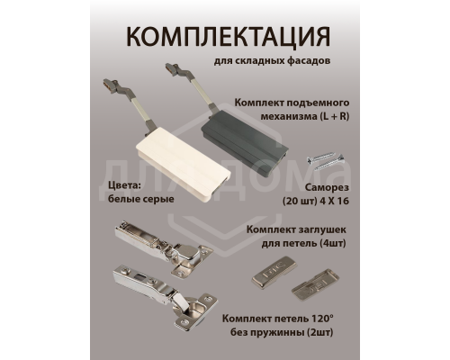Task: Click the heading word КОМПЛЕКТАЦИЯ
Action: [225, 39]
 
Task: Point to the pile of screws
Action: [328, 161]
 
